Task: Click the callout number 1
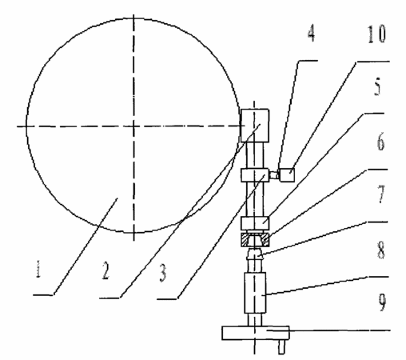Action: (38, 269)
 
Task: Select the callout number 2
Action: (105, 270)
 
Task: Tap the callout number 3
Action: (163, 273)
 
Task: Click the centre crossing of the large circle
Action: (133, 126)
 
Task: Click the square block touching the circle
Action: (255, 126)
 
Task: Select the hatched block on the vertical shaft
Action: (255, 239)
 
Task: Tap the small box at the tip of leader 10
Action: (287, 175)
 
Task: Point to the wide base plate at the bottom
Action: (256, 333)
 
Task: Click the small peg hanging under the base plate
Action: (281, 347)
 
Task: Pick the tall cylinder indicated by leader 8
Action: (255, 293)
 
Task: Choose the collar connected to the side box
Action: (255, 175)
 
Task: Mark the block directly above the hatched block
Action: (255, 223)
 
